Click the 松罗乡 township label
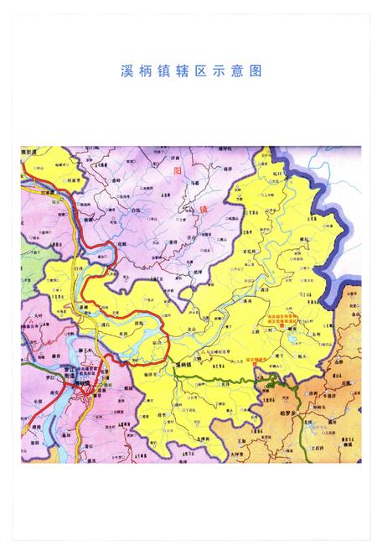(288, 414)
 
